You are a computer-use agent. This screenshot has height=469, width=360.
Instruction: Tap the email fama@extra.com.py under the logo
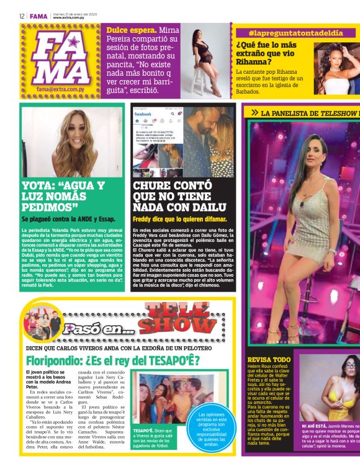61,89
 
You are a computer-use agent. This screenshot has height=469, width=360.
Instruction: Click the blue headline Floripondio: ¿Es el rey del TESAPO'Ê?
114,359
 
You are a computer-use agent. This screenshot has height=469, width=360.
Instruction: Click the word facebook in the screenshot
146,114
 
